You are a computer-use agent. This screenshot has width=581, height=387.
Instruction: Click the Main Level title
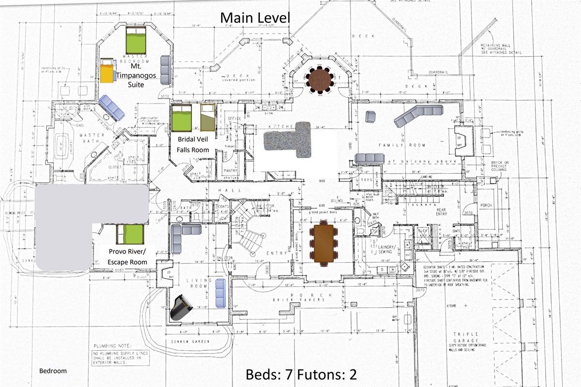tap(255, 18)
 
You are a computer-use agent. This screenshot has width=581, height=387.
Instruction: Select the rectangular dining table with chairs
tap(324, 242)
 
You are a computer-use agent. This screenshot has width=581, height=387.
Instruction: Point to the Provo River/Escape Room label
tap(128, 257)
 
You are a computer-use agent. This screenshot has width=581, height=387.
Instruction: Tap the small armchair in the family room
tap(370, 116)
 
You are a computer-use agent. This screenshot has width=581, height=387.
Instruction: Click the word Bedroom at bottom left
tap(53, 371)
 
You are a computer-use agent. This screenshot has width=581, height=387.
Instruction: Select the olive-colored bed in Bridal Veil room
tap(208, 118)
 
